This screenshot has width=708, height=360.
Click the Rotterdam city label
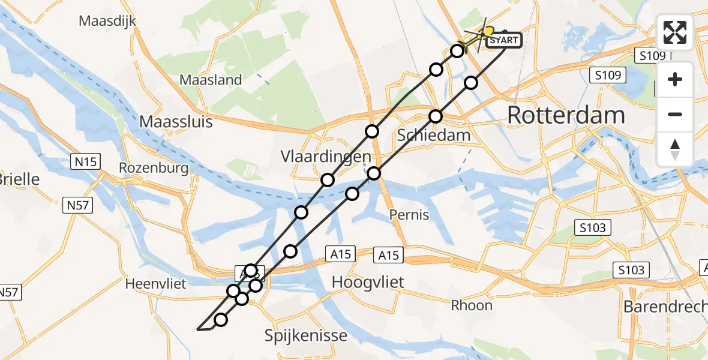pyautogui.click(x=566, y=115)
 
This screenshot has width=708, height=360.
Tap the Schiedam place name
pyautogui.click(x=434, y=136)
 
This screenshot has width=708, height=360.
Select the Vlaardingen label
pyautogui.click(x=326, y=157)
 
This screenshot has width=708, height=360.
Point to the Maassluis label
pyautogui.click(x=176, y=122)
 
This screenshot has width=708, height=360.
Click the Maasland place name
pyautogui.click(x=211, y=80)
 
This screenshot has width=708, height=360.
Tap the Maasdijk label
pyautogui.click(x=108, y=21)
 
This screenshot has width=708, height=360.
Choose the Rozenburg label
pyautogui.click(x=154, y=168)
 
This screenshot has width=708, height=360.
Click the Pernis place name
pyautogui.click(x=409, y=214)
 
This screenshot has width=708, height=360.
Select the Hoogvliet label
pyautogui.click(x=368, y=282)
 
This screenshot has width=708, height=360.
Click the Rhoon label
pyautogui.click(x=472, y=305)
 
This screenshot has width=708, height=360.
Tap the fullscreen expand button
pyautogui.click(x=675, y=32)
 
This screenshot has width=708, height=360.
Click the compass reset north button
pyautogui.click(x=675, y=149)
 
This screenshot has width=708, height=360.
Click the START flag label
pyautogui.click(x=503, y=41)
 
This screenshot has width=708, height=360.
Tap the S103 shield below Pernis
pyautogui.click(x=593, y=227)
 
